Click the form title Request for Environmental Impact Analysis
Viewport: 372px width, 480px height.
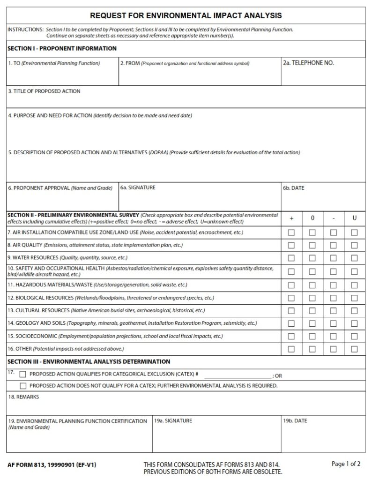pyautogui.click(x=186, y=16)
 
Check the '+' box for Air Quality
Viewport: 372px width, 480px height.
pyautogui.click(x=291, y=245)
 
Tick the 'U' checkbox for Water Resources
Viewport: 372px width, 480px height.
pyautogui.click(x=354, y=258)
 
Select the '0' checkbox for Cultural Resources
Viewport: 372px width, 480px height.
pyautogui.click(x=312, y=311)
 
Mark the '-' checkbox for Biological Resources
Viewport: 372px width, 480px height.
pyautogui.click(x=334, y=298)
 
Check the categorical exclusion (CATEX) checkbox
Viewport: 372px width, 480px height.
pyautogui.click(x=22, y=375)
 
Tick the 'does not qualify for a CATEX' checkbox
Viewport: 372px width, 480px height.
pyautogui.click(x=22, y=386)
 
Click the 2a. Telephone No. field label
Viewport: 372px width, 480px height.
pyautogui.click(x=308, y=63)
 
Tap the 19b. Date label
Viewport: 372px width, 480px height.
pyautogui.click(x=295, y=420)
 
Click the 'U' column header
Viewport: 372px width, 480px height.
pyautogui.click(x=354, y=218)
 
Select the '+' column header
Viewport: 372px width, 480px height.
pyautogui.click(x=291, y=218)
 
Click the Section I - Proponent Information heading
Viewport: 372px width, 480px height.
pyautogui.click(x=62, y=48)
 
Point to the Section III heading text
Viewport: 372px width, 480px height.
pyautogui.click(x=89, y=361)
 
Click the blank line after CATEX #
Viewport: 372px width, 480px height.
pyautogui.click(x=238, y=375)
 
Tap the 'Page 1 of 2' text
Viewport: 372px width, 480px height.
pyautogui.click(x=346, y=464)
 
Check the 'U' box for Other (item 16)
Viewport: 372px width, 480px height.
pyautogui.click(x=354, y=349)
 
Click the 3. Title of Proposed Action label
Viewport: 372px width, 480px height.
pyautogui.click(x=44, y=91)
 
